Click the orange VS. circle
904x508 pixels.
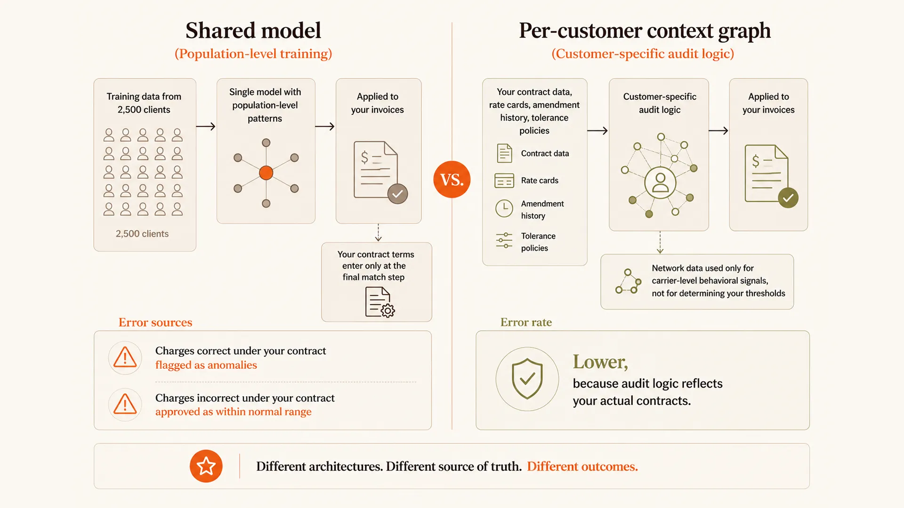point(452,179)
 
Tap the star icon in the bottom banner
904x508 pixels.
point(206,466)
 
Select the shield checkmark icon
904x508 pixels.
point(527,379)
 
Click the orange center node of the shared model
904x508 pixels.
point(266,173)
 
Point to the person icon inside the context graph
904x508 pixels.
point(660,183)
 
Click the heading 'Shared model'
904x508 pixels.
point(253,31)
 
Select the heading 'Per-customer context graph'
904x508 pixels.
point(645,31)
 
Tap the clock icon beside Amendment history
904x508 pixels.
point(504,208)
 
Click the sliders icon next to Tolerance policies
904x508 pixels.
point(504,240)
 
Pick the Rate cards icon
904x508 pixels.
point(504,181)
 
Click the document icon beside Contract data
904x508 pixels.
point(504,153)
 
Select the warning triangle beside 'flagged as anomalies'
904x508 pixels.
point(125,357)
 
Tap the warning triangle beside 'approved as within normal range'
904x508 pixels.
point(125,404)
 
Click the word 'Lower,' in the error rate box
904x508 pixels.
point(600,362)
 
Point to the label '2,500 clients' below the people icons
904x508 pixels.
point(142,234)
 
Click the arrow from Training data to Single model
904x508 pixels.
point(206,126)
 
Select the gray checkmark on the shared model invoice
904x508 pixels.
point(397,194)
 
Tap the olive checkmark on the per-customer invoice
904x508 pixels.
point(788,198)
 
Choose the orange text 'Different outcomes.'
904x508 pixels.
point(582,467)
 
